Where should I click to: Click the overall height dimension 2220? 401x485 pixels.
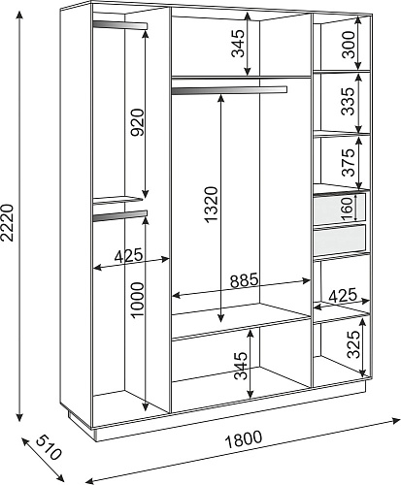click(7, 223)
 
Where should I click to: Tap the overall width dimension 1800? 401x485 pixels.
click(244, 439)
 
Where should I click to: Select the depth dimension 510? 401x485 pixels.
click(48, 448)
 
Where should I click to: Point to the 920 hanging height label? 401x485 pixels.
click(138, 122)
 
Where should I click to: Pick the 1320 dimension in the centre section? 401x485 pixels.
click(212, 205)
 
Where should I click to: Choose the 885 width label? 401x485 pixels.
click(245, 280)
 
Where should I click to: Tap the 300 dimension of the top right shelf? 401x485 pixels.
click(349, 44)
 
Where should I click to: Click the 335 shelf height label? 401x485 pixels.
click(349, 102)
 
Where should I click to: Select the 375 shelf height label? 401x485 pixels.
click(349, 162)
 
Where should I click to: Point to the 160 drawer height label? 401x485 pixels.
click(347, 210)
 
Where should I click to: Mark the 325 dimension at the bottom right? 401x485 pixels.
click(353, 344)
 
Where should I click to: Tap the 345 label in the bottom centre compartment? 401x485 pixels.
click(241, 366)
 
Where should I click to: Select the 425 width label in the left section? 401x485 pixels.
click(128, 255)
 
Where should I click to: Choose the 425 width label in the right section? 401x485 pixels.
click(343, 295)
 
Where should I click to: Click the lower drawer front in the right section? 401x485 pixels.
click(340, 240)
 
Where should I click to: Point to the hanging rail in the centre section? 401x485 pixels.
click(229, 90)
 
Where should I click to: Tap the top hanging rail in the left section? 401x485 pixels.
click(120, 25)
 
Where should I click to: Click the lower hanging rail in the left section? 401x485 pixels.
click(120, 215)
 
